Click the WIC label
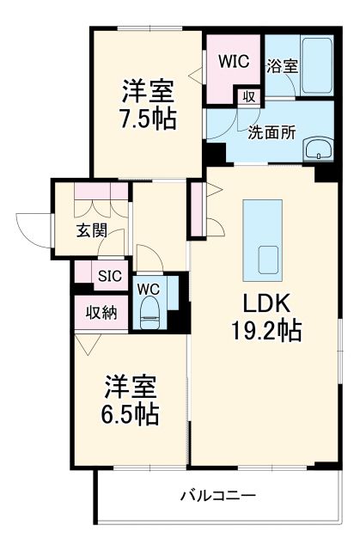click(x=233, y=61)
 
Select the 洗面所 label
click(x=272, y=133)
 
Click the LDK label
click(x=264, y=302)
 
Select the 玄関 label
click(x=89, y=229)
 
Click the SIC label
click(x=109, y=277)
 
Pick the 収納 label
click(x=99, y=312)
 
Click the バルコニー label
click(x=217, y=495)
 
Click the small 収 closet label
click(x=248, y=95)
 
